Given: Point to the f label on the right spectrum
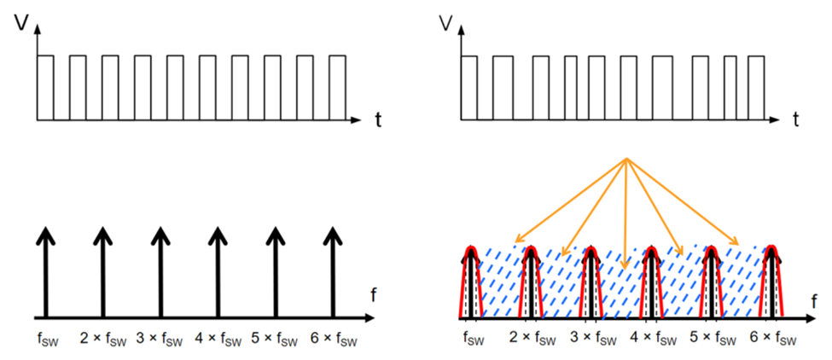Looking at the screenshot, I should pyautogui.click(x=816, y=300).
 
